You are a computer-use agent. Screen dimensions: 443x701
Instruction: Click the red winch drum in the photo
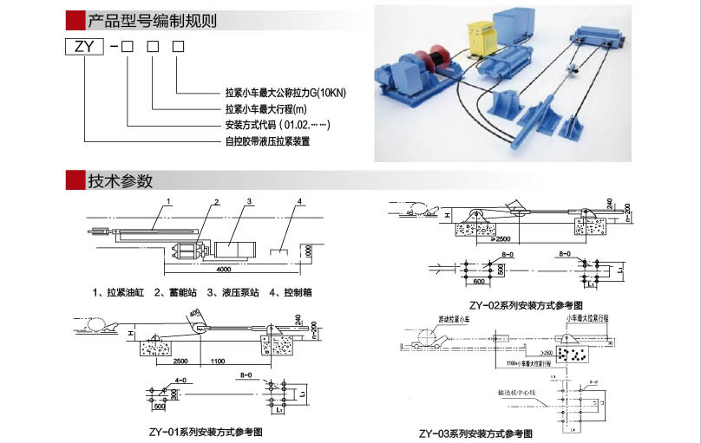(x=433, y=61)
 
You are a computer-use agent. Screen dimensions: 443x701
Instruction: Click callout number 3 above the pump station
(x=249, y=202)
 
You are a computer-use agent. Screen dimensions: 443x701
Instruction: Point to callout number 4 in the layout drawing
(x=298, y=202)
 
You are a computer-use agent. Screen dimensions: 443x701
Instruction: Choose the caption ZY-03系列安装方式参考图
(x=475, y=433)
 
